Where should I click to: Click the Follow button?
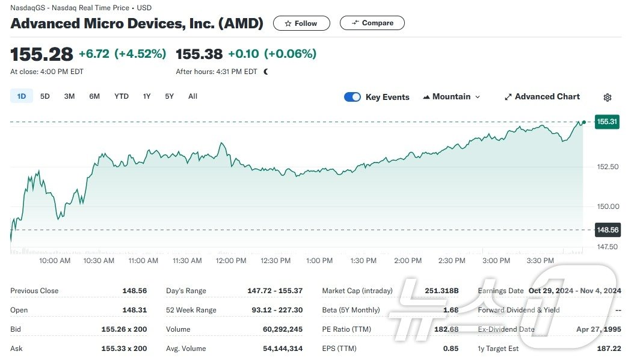coord(301,23)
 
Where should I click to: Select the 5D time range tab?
coord(45,96)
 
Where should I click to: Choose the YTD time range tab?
coord(122,96)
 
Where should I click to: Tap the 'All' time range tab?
coord(192,96)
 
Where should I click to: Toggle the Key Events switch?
coord(352,97)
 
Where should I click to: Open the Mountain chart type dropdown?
coord(452,97)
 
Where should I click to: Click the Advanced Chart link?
coord(542,97)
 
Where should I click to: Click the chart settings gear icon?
coord(608,98)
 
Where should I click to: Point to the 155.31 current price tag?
coord(607,122)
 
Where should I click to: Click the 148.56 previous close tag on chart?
coord(607,229)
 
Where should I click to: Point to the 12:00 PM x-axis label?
coord(231,261)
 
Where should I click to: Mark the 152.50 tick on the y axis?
coord(608,167)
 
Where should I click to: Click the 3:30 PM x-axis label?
coord(540,261)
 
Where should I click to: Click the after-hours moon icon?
coord(266,72)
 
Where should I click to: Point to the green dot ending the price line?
coord(583,122)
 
